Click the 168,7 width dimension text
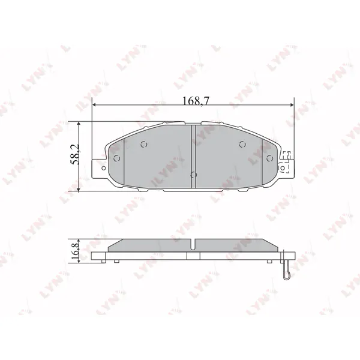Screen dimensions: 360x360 tap(196, 100)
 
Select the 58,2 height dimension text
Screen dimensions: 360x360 tap(74, 154)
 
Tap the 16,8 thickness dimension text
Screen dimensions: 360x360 tap(75, 251)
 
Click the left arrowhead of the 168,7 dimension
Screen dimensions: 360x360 tap(94, 105)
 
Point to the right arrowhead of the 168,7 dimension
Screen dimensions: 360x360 tap(292, 105)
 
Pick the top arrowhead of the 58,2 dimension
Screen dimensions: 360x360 tap(79, 124)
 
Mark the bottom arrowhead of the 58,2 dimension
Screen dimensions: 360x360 tap(79, 190)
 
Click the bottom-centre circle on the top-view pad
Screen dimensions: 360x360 tap(194, 175)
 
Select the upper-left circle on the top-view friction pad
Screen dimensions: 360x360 tap(144, 145)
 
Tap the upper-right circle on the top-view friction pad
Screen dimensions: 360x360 tap(242, 145)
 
